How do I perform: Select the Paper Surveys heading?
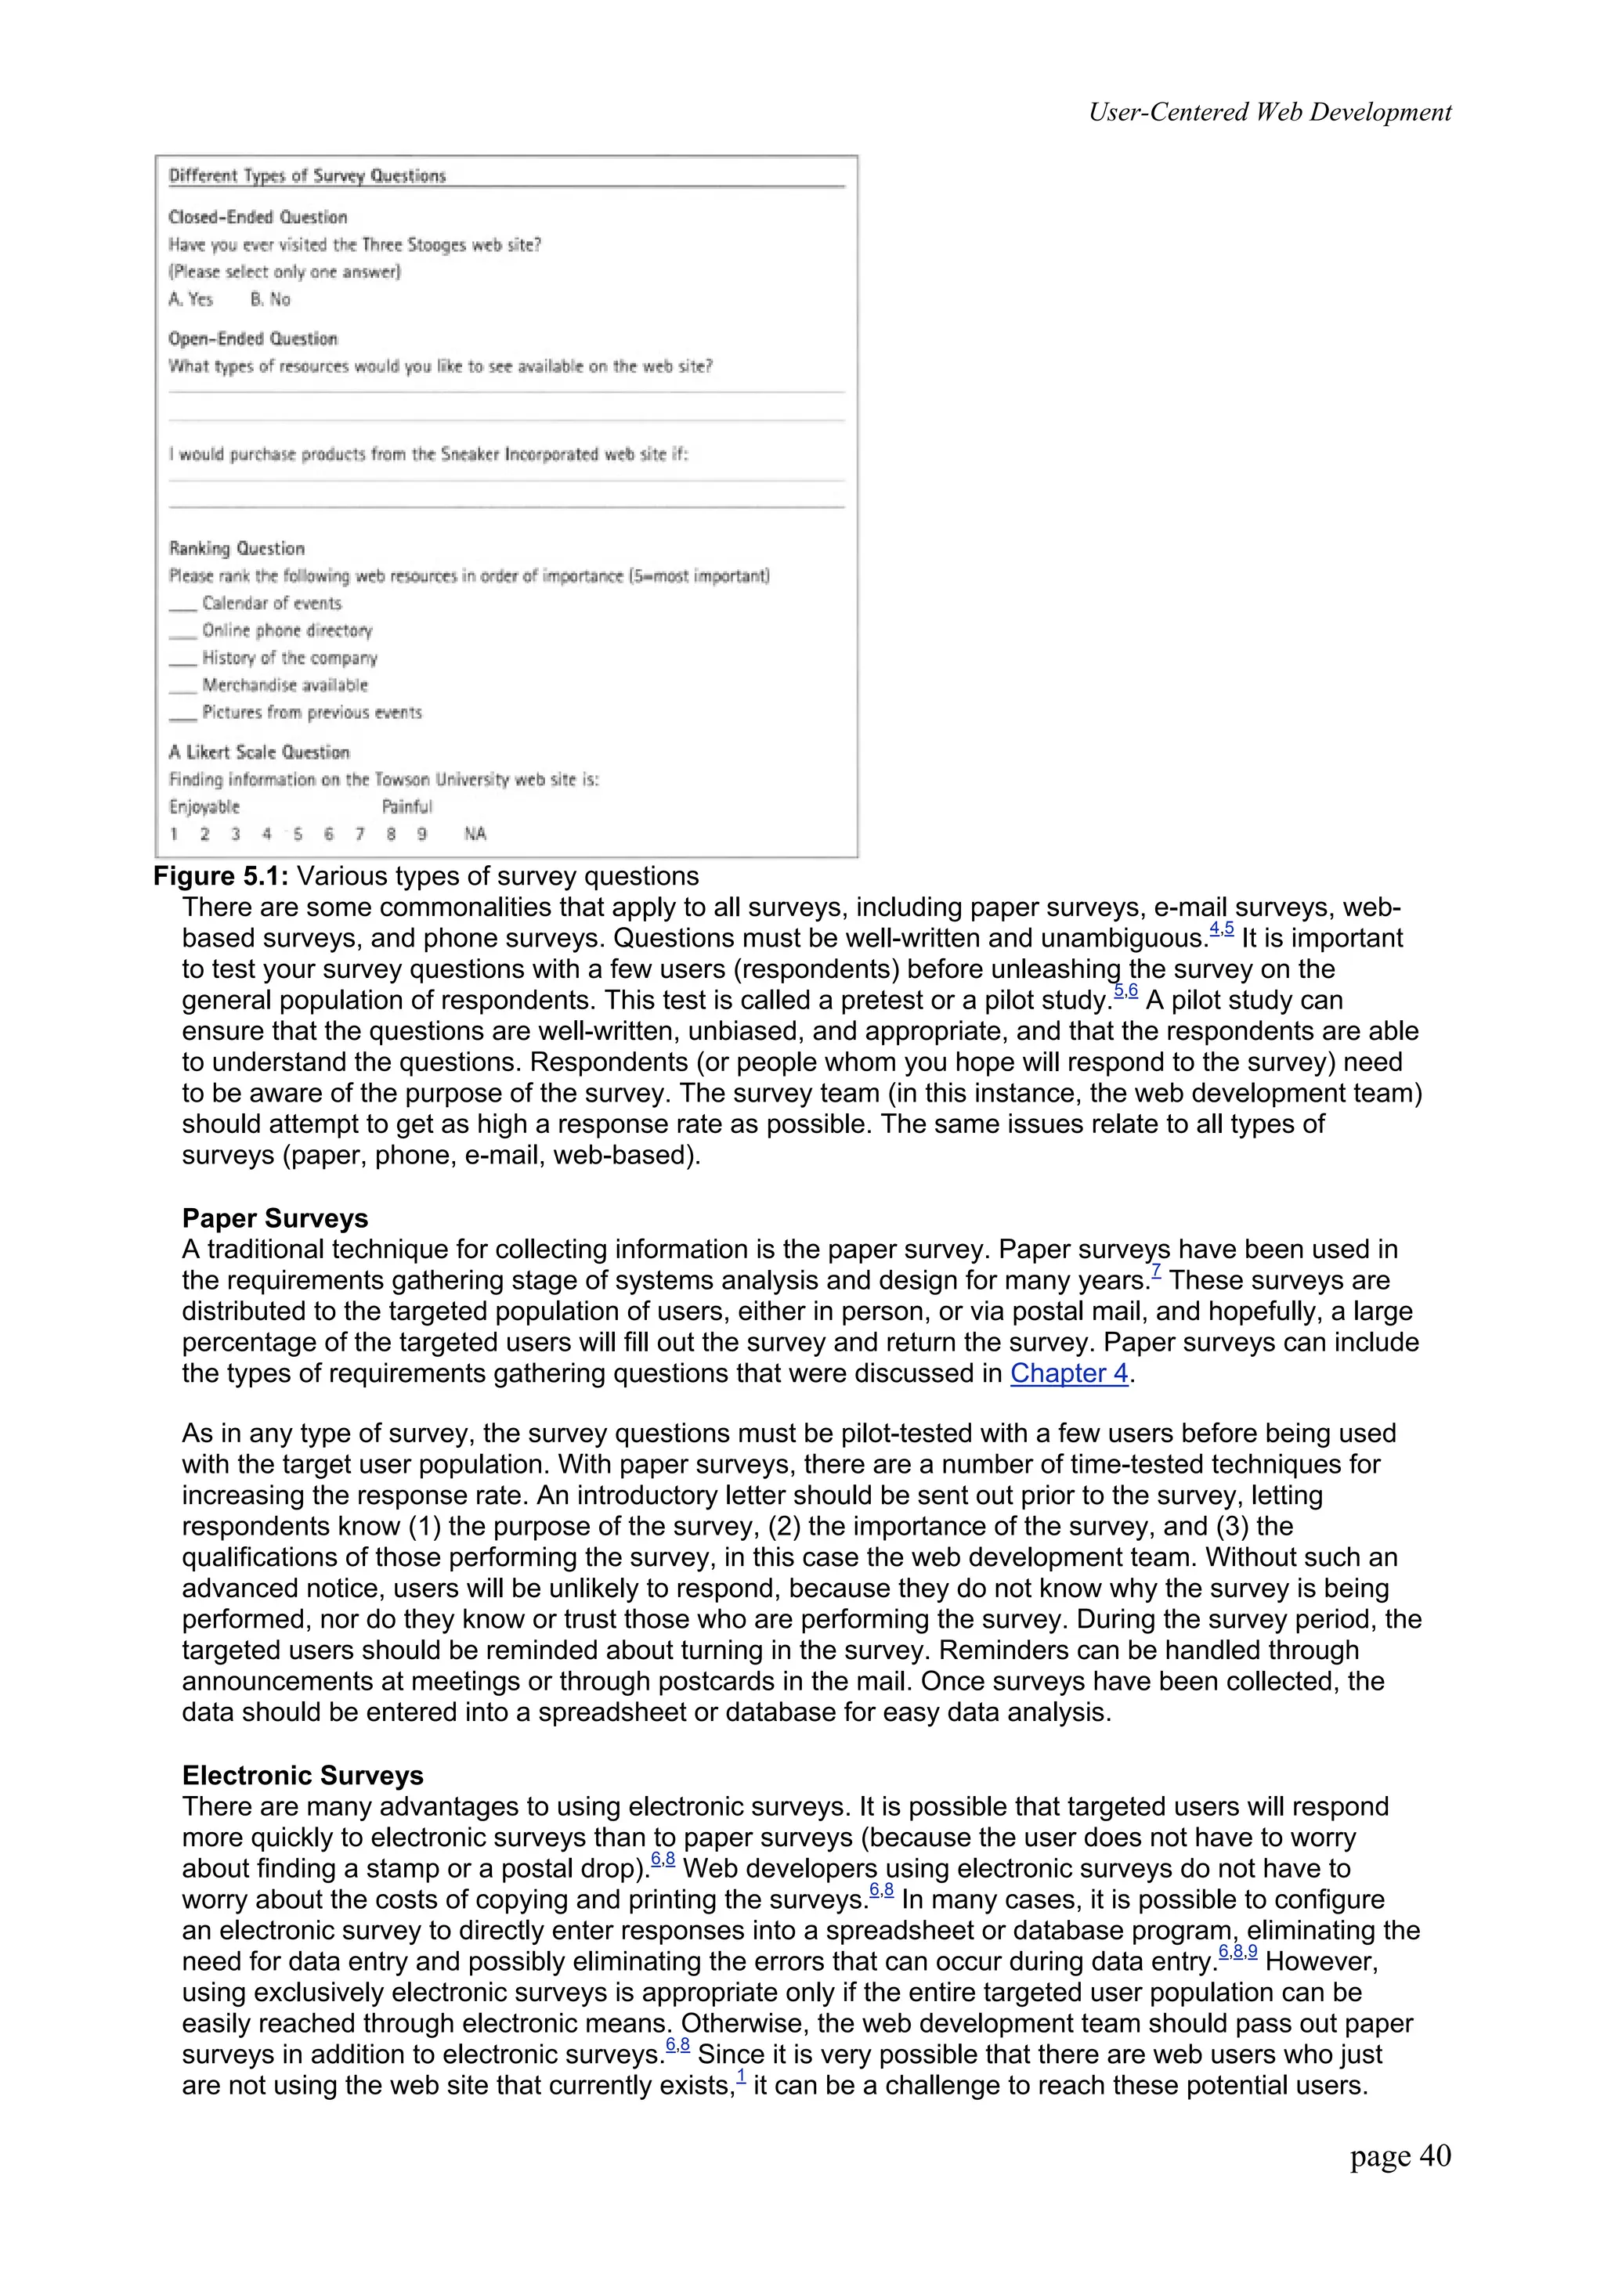tap(275, 1218)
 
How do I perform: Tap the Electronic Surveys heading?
tap(302, 1776)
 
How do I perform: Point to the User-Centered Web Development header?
tap(1269, 112)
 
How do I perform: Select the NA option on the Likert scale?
tap(475, 834)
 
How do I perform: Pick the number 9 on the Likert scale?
tap(422, 834)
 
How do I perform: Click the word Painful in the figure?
tap(407, 806)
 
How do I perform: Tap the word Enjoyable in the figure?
tap(204, 806)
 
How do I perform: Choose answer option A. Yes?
tap(191, 299)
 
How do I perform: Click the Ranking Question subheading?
tap(237, 549)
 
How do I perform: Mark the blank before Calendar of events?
tap(182, 604)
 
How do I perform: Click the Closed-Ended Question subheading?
tap(258, 218)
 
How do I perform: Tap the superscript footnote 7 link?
tap(1156, 1275)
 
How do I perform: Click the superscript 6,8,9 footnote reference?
tap(1237, 1952)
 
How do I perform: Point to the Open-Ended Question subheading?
tap(253, 339)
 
